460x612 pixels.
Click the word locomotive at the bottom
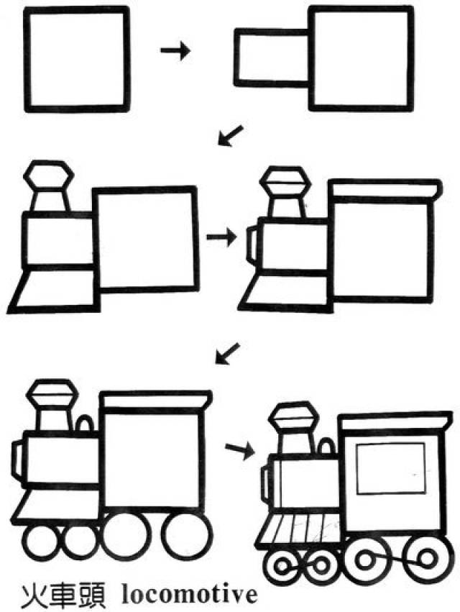point(190,595)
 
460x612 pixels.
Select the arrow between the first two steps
point(175,50)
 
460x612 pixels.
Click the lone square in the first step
point(76,59)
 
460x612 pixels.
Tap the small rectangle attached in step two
point(272,57)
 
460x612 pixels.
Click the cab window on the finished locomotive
point(391,468)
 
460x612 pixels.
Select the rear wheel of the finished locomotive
point(428,560)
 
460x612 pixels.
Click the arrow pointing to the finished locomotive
point(239,450)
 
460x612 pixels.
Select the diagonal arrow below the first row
point(230,136)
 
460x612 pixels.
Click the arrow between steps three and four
point(221,237)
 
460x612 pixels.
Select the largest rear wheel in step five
point(188,537)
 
